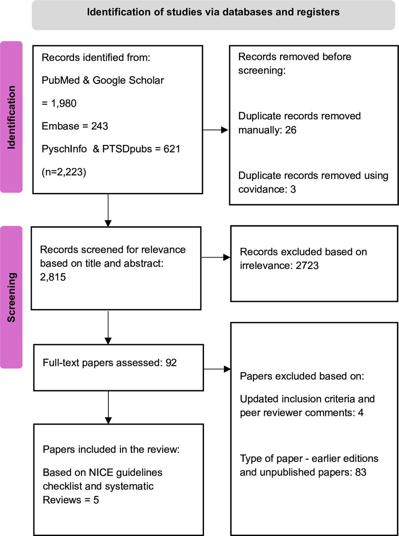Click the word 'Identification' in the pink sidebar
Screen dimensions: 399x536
[x=11, y=117]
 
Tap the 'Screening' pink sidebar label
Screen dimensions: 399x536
[x=11, y=297]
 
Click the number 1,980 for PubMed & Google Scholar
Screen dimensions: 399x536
[x=64, y=103]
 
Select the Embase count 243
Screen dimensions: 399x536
[x=100, y=126]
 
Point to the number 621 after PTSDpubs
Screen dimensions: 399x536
[x=172, y=149]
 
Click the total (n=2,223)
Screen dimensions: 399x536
[x=64, y=172]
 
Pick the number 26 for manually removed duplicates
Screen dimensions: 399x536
[x=291, y=130]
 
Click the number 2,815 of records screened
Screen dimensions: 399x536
[x=53, y=277]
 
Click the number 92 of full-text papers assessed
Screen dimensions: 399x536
[x=171, y=363]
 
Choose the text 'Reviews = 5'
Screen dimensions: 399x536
[x=71, y=500]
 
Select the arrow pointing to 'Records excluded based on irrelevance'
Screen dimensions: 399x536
[x=215, y=257]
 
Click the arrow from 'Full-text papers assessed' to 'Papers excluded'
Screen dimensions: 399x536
[x=217, y=369]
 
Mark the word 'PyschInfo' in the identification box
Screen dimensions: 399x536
[x=64, y=149]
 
